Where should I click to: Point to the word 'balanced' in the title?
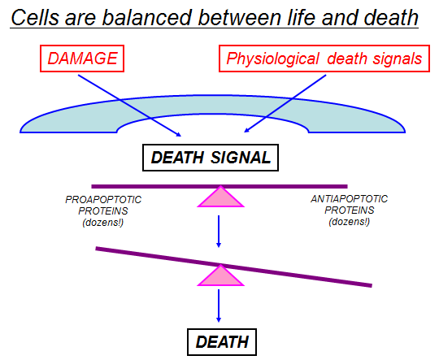click(147, 17)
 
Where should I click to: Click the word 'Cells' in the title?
click(35, 17)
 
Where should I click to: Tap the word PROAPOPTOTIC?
click(103, 200)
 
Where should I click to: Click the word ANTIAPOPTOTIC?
click(349, 199)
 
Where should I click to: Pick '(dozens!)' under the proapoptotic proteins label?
click(103, 223)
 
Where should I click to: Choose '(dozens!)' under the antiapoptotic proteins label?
click(350, 222)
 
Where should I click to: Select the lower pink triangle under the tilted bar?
click(221, 276)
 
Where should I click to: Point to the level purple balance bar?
click(219, 186)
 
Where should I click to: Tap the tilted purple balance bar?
click(234, 267)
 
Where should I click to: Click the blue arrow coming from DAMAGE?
click(129, 106)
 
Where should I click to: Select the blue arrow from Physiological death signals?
click(285, 103)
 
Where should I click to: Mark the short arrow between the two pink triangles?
click(219, 232)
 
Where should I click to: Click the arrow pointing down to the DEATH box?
click(219, 306)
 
